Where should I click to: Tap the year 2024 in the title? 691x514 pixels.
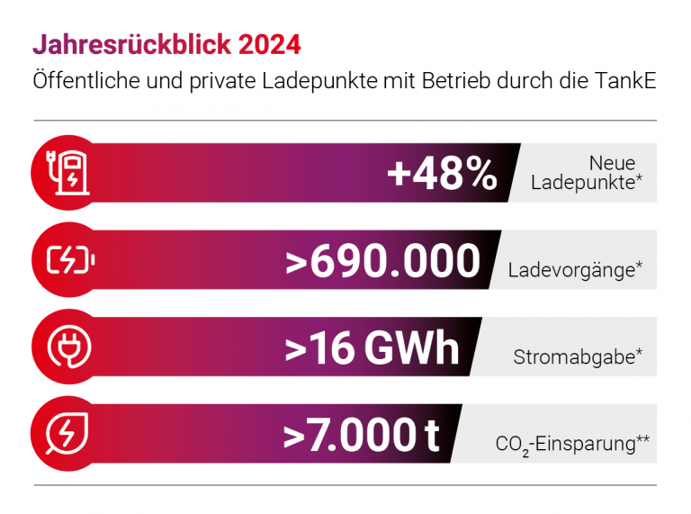point(273,43)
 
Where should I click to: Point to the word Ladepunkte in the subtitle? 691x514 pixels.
point(310,80)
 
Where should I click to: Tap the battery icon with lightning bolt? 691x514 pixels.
point(67,259)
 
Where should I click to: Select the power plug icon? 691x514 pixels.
point(67,347)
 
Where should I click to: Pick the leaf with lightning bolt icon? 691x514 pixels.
point(67,433)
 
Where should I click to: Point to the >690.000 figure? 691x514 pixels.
point(382,261)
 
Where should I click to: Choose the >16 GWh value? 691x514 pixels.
point(372,348)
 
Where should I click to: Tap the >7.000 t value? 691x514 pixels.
point(362,435)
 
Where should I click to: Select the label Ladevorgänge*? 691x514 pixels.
point(575,269)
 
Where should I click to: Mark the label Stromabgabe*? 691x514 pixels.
point(577,356)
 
